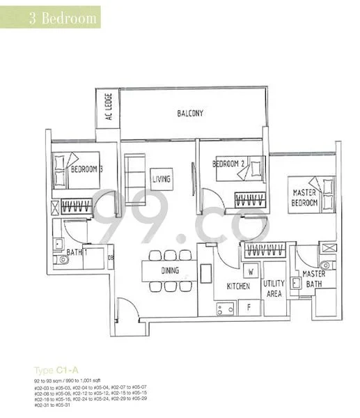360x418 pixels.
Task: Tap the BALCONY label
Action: pyautogui.click(x=189, y=113)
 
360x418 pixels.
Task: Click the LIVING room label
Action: pyautogui.click(x=162, y=179)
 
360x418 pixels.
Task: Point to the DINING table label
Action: pyautogui.click(x=170, y=271)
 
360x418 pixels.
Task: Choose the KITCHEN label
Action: pyautogui.click(x=228, y=286)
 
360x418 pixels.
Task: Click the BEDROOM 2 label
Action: pyautogui.click(x=230, y=164)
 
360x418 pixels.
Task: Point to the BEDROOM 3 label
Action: pyautogui.click(x=87, y=169)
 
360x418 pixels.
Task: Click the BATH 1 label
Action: pyautogui.click(x=77, y=253)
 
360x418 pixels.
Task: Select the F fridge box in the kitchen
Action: pyautogui.click(x=249, y=305)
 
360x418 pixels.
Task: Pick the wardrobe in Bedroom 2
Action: pyautogui.click(x=249, y=199)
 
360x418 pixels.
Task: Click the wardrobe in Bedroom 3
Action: pyautogui.click(x=77, y=206)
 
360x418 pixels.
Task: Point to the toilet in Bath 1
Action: pyautogui.click(x=63, y=259)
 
